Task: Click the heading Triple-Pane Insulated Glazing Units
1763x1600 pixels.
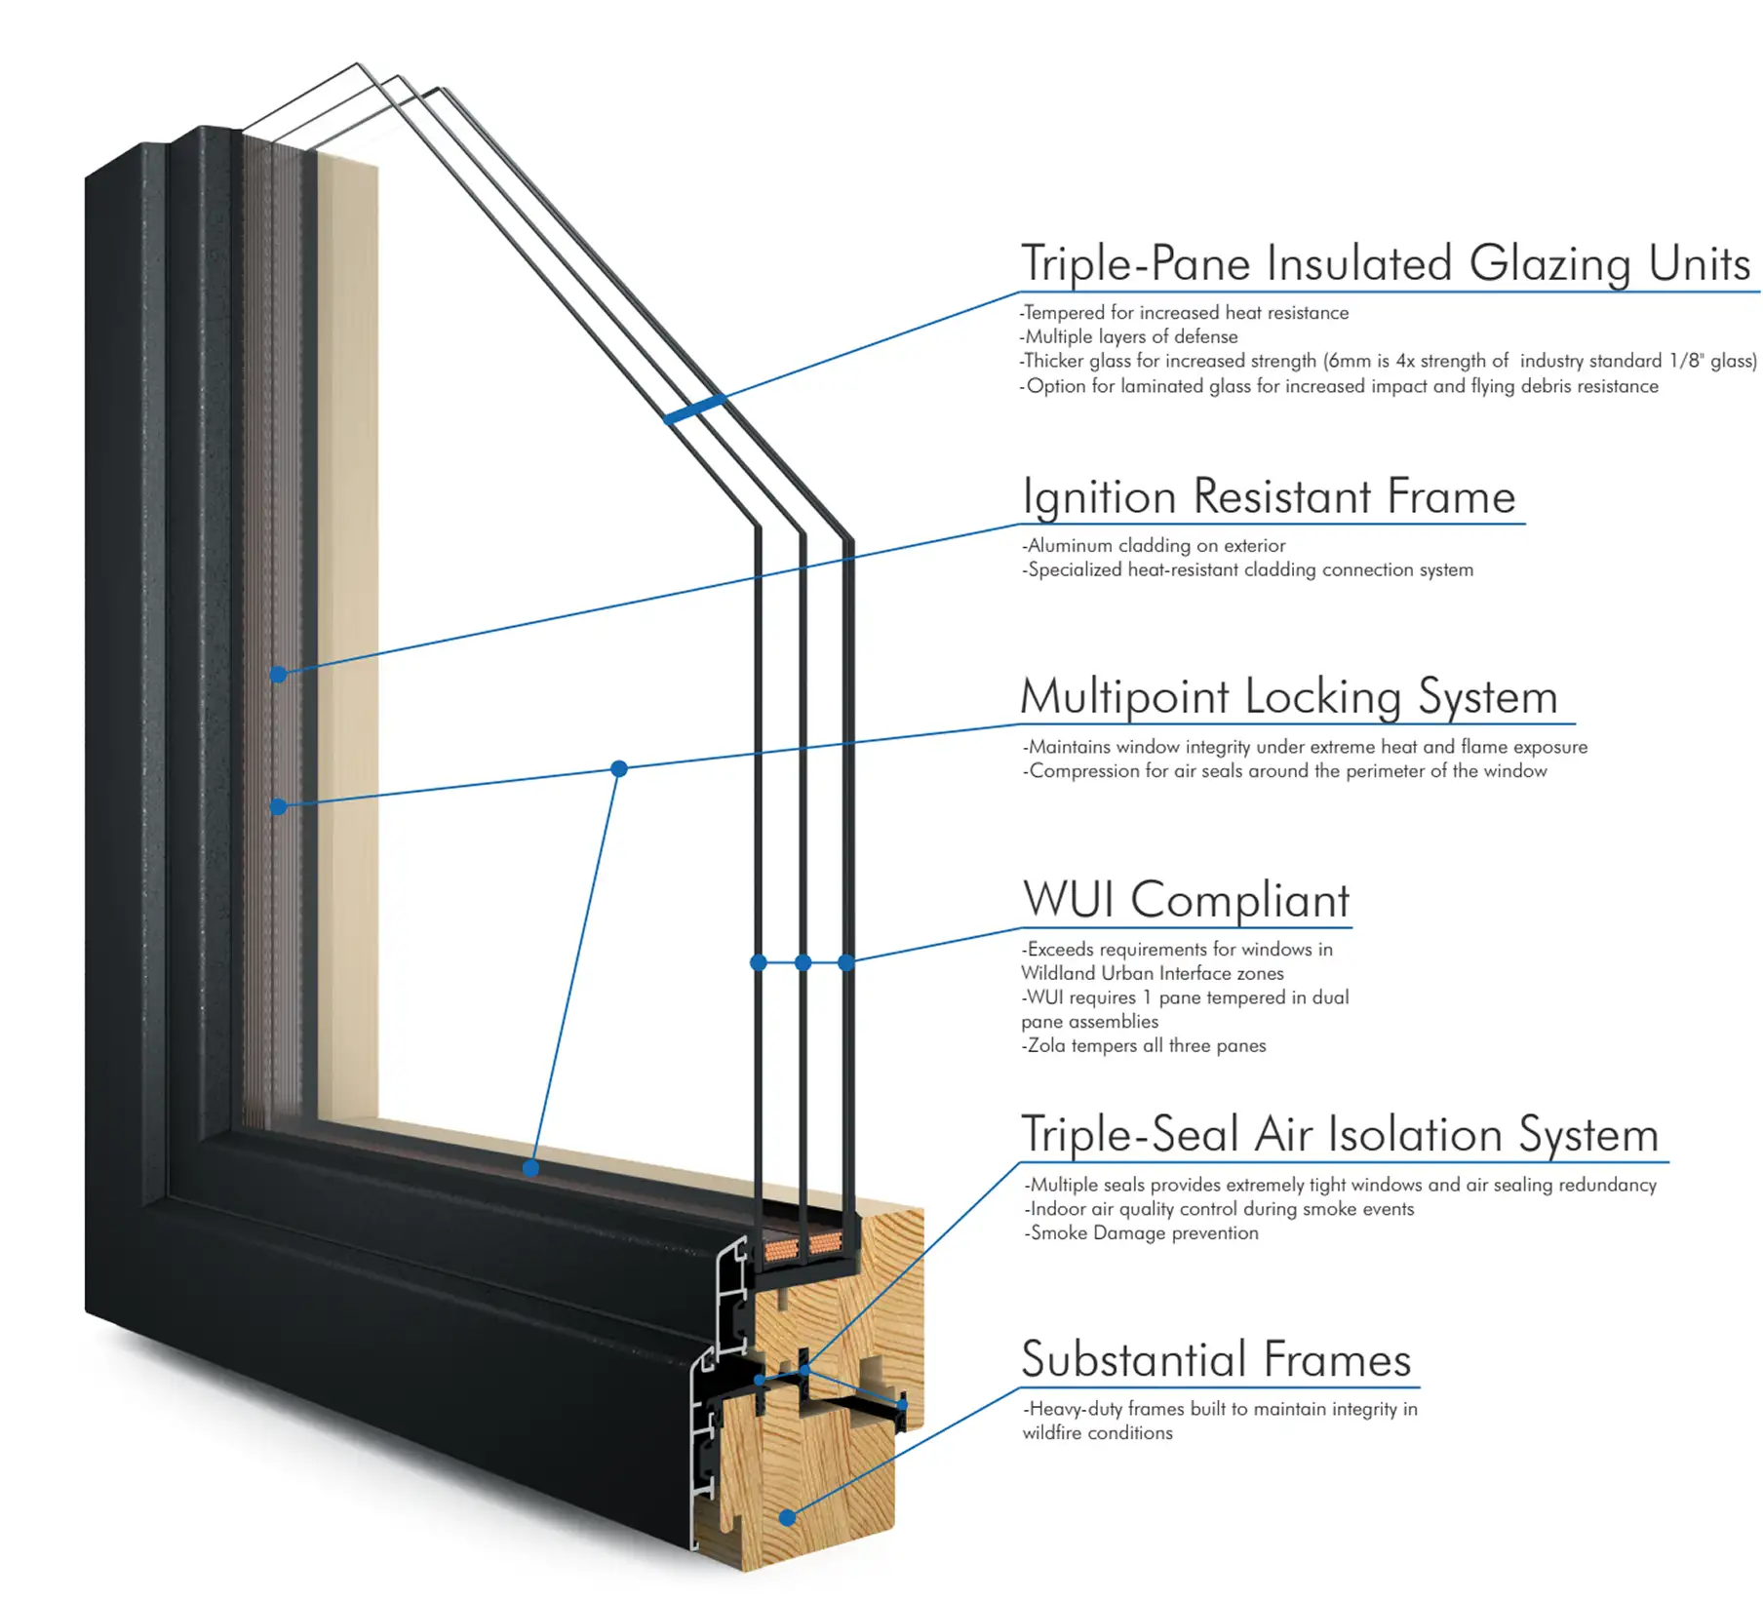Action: (x=1385, y=263)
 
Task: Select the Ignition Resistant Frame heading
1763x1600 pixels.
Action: (x=1268, y=496)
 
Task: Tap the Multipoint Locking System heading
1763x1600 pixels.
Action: (x=1288, y=697)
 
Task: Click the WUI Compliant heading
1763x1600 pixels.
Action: (x=1186, y=899)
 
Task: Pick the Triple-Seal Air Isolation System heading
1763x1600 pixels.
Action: (x=1339, y=1134)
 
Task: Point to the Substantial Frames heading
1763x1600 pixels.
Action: (x=1216, y=1360)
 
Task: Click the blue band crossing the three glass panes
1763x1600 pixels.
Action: (x=695, y=409)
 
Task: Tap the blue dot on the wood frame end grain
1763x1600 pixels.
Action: (x=788, y=1517)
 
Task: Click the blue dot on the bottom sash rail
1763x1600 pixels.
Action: (x=530, y=1168)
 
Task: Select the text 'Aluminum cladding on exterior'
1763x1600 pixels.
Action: (x=1156, y=545)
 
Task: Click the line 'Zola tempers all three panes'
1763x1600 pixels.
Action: (x=1145, y=1045)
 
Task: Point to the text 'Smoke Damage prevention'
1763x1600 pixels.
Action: (x=1143, y=1233)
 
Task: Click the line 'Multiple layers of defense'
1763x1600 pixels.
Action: (x=1130, y=336)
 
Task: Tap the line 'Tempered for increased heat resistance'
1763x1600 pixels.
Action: (x=1185, y=313)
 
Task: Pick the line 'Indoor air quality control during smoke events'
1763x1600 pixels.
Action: (x=1220, y=1209)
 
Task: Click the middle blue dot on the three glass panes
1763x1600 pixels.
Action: (x=803, y=962)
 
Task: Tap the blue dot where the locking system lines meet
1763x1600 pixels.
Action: (x=618, y=768)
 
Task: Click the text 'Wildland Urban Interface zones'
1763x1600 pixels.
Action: (x=1153, y=973)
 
